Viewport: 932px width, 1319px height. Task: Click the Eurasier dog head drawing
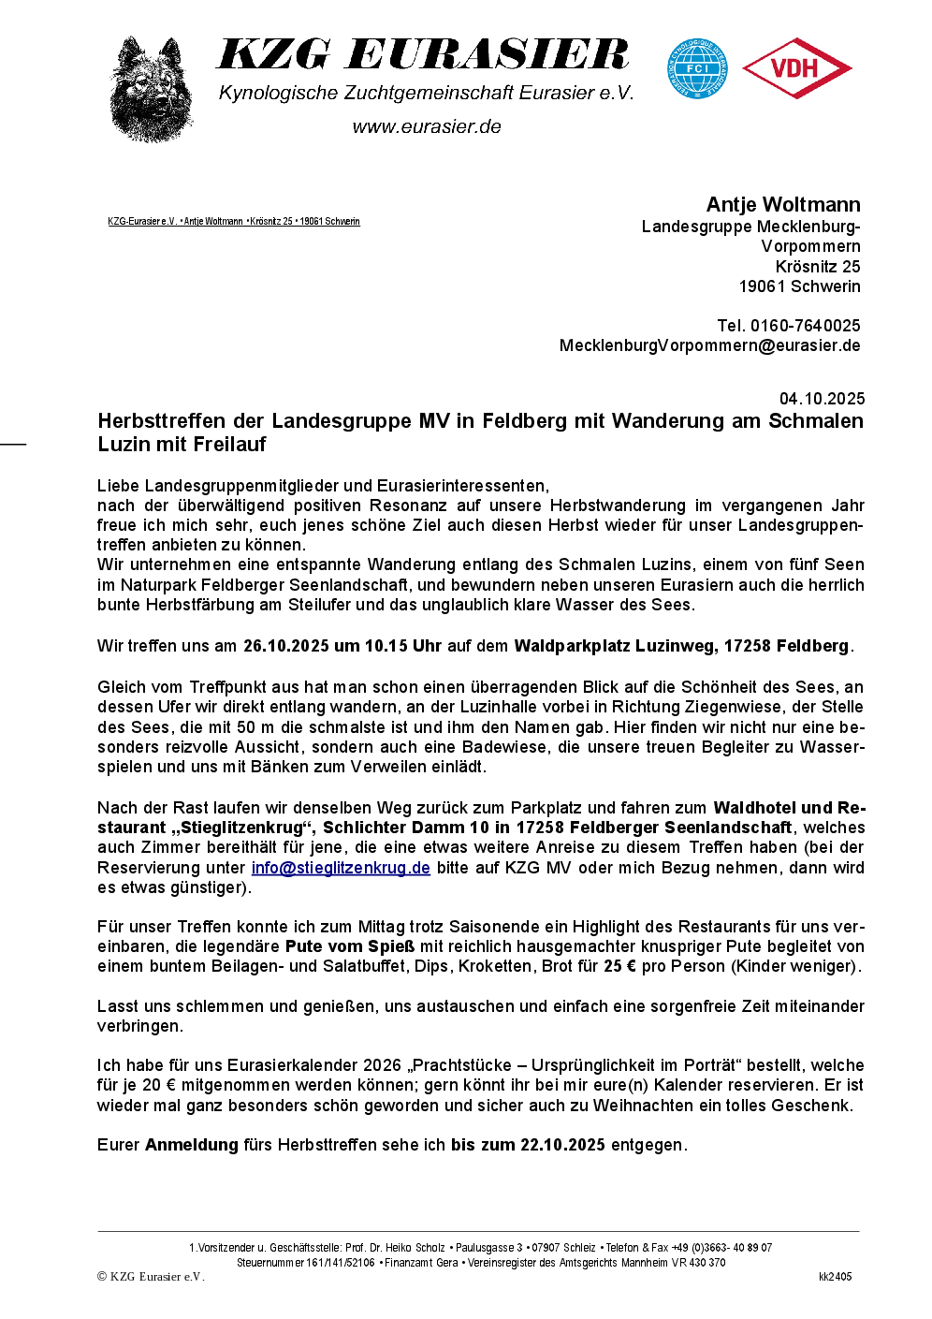(151, 90)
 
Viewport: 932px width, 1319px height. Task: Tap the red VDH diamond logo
(796, 68)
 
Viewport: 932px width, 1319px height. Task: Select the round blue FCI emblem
(697, 68)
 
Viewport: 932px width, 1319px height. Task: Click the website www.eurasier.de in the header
(427, 127)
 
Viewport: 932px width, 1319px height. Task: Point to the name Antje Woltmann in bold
(783, 205)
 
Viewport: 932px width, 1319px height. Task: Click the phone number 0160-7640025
(805, 326)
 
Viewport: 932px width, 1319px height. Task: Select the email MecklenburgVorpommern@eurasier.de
(709, 345)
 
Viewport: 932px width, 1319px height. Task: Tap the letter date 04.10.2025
(822, 399)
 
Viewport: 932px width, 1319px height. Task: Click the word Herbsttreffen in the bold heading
(162, 421)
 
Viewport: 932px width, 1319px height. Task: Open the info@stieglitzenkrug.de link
(341, 868)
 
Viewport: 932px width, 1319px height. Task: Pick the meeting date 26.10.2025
(286, 646)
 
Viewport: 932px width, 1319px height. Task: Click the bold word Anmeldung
(192, 1145)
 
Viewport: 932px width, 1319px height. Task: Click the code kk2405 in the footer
(835, 1277)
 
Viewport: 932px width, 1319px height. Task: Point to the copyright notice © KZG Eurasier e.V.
(151, 1277)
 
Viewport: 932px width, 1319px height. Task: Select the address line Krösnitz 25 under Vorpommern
(818, 267)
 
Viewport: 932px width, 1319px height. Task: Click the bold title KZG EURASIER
(423, 56)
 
